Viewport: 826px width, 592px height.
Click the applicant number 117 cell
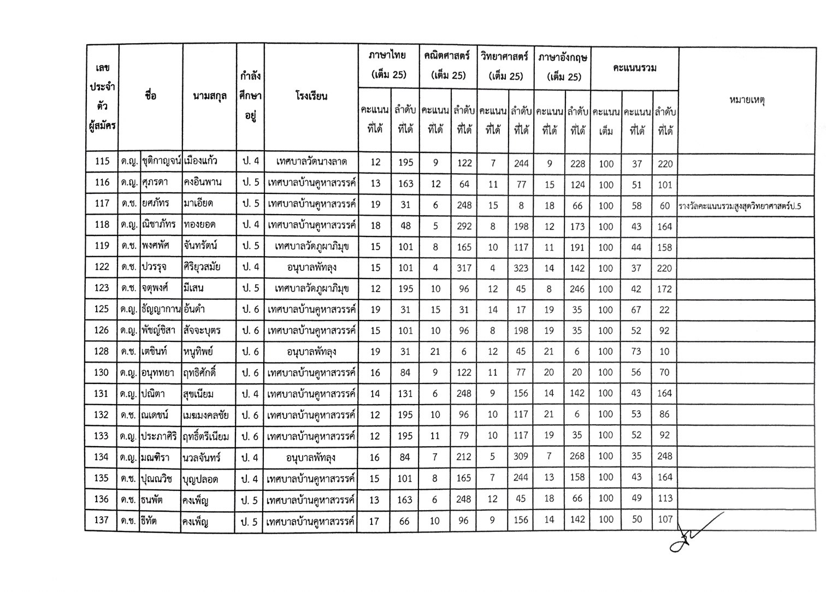[x=102, y=204]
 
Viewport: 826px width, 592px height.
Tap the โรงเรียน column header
[x=310, y=97]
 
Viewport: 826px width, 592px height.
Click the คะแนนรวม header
[x=634, y=68]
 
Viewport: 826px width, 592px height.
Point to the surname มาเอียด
[x=199, y=204]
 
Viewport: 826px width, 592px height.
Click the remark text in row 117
[x=739, y=206]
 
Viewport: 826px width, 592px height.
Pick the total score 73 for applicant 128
[x=636, y=352]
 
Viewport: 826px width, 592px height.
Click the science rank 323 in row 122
[x=521, y=268]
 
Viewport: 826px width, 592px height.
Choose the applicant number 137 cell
[x=102, y=520]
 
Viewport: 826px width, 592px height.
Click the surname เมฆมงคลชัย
[x=206, y=415]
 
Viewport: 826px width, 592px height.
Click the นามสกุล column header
[x=210, y=97]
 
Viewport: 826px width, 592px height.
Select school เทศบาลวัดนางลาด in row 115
[x=311, y=162]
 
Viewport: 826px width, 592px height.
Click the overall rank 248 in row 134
[x=664, y=456]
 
